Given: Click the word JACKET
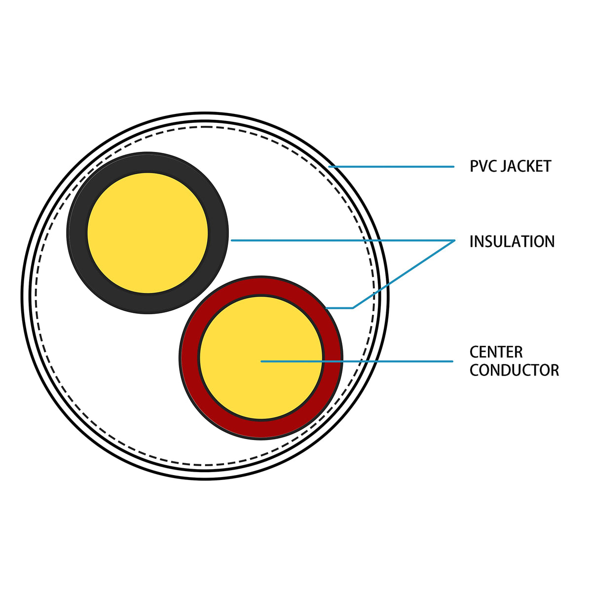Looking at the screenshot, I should pyautogui.click(x=526, y=166).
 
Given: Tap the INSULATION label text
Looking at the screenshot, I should pyautogui.click(x=512, y=242).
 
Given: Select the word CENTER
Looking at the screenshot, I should pyautogui.click(x=496, y=352).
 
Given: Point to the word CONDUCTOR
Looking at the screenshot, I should pyautogui.click(x=514, y=370).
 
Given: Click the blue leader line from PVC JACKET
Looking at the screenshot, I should pyautogui.click(x=395, y=167).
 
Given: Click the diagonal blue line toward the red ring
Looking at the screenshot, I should pyautogui.click(x=405, y=274).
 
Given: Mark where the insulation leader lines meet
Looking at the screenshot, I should pyautogui.click(x=453, y=241).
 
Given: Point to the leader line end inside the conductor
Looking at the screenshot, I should pyautogui.click(x=261, y=362).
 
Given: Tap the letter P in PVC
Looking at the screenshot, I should pyautogui.click(x=473, y=166).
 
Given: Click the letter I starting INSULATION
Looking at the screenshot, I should pyautogui.click(x=472, y=242).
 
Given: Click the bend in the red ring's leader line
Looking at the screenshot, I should pyautogui.click(x=352, y=308).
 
